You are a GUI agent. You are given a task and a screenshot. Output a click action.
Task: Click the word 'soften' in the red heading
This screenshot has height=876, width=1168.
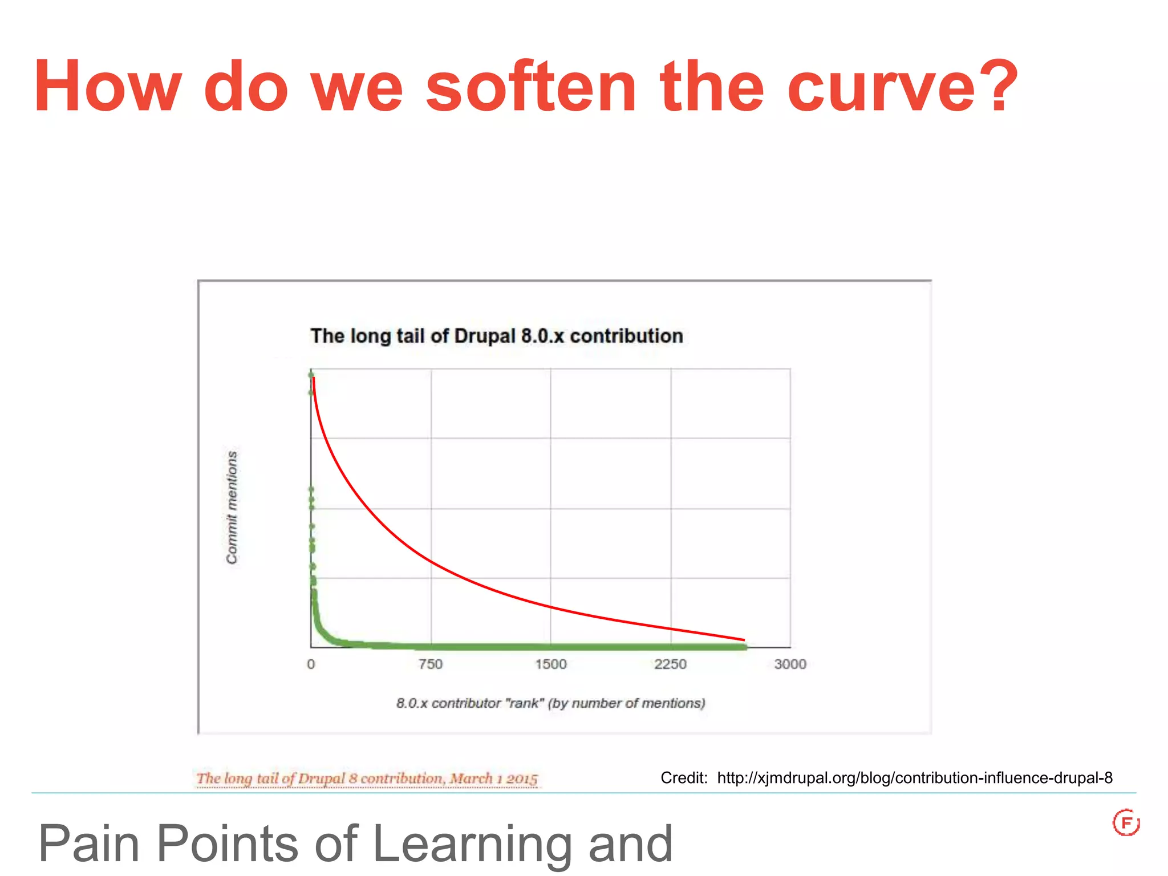530,87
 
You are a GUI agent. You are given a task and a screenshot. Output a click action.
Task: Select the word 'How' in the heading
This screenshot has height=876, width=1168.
108,87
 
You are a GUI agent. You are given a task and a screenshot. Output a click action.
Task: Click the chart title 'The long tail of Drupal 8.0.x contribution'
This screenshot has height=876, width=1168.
496,336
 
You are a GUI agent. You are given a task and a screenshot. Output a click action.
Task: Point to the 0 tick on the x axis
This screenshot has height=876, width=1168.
311,664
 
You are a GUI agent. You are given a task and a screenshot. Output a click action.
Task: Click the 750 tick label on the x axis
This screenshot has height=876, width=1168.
431,664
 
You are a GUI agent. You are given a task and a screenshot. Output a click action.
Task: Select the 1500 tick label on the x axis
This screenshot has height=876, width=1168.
551,664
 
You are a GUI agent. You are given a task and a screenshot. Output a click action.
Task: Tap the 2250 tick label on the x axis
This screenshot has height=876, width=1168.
671,664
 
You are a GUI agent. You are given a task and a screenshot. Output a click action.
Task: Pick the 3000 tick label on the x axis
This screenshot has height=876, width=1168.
790,664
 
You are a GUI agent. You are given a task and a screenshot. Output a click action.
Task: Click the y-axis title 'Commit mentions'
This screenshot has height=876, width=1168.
232,508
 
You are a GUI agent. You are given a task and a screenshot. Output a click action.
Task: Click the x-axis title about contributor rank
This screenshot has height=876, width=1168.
551,703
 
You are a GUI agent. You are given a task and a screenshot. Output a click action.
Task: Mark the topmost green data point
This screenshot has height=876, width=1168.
311,375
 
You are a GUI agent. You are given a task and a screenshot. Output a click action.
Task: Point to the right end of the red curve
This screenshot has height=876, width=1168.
744,639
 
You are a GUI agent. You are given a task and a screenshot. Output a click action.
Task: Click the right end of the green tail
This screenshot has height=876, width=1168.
744,647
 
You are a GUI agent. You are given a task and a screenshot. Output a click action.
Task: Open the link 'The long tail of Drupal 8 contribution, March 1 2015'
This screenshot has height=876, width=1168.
367,778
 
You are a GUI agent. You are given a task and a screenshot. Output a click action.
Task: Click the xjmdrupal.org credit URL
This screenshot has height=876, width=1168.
915,778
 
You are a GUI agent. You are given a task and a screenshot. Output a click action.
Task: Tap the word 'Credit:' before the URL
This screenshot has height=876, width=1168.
684,778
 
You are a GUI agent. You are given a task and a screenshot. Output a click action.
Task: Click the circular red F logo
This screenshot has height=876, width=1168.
1126,822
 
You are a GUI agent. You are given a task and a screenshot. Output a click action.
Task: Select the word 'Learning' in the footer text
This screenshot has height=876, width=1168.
472,844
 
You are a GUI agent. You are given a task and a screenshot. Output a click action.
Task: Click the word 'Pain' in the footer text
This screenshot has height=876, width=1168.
89,844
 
